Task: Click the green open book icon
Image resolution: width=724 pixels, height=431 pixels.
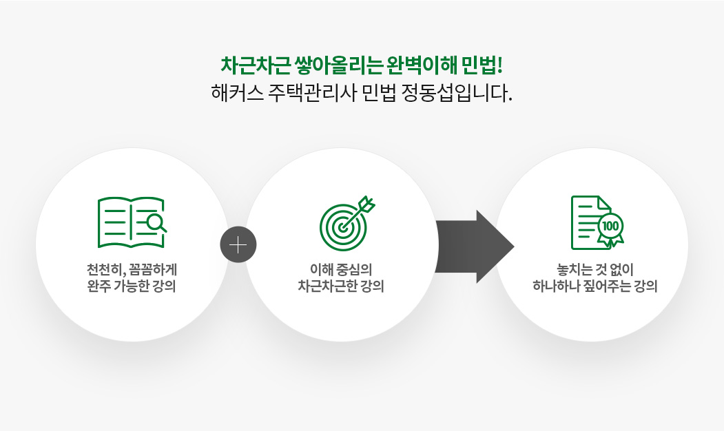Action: [x=132, y=222]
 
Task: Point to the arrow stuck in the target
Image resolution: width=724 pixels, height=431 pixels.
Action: [x=359, y=212]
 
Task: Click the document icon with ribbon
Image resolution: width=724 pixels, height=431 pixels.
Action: [x=597, y=222]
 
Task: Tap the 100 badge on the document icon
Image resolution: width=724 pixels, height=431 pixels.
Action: [x=610, y=226]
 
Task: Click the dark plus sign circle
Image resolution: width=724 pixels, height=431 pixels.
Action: [x=238, y=244]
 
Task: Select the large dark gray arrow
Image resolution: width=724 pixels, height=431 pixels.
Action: [x=475, y=246]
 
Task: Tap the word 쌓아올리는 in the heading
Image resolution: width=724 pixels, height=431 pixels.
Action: [x=339, y=65]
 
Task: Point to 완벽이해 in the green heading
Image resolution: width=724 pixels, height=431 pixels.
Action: [x=422, y=65]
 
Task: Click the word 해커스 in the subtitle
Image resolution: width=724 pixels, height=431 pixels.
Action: [x=237, y=93]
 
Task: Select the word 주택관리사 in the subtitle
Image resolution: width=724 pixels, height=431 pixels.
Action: [x=313, y=93]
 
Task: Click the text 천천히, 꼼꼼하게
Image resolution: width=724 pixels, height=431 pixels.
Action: [x=132, y=269]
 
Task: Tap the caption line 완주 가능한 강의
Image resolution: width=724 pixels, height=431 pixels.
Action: [x=132, y=286]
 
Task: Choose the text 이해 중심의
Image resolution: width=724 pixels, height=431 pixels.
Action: [x=341, y=269]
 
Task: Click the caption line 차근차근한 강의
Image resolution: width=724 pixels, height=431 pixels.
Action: [x=341, y=286]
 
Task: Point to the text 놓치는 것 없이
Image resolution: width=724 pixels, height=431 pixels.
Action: [x=595, y=269]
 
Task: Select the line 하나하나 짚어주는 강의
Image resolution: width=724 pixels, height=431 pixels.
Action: [x=595, y=286]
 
